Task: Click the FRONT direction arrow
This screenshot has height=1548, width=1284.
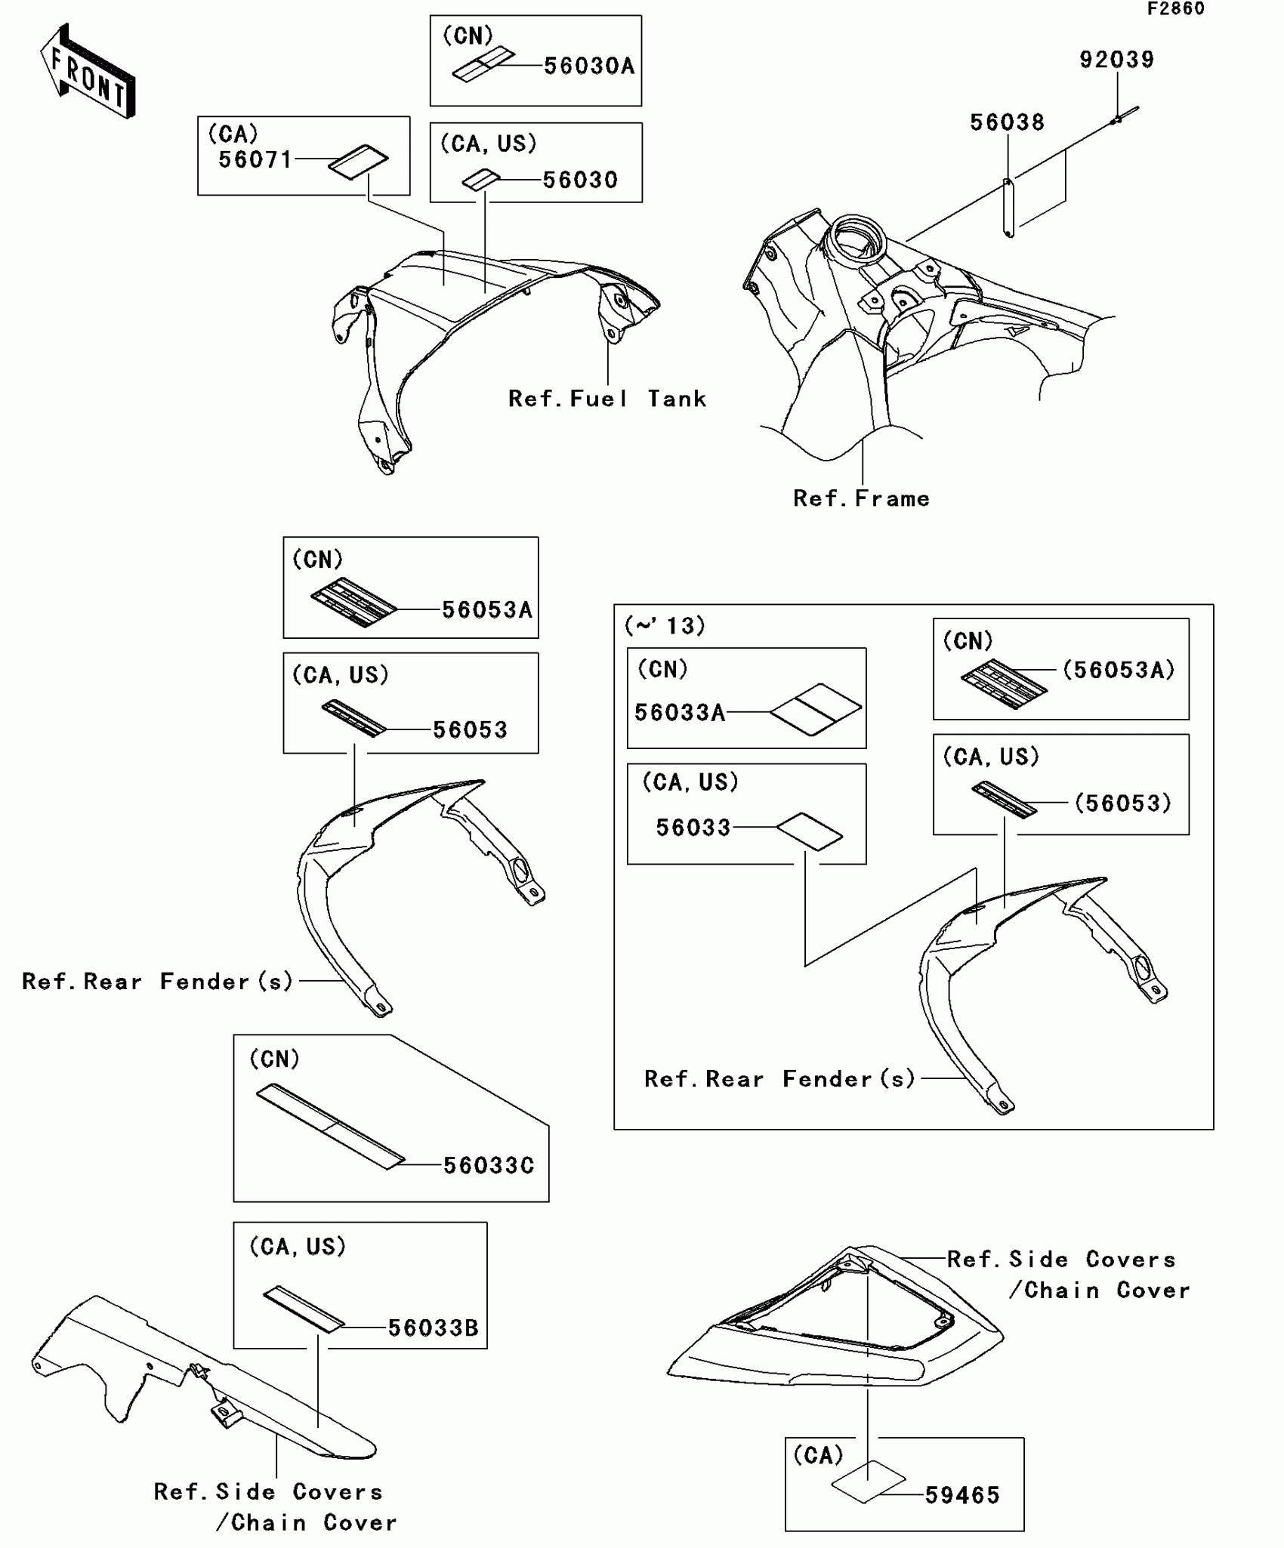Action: click(88, 72)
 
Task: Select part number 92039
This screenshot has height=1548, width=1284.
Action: click(1116, 60)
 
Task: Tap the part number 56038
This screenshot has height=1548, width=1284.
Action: click(1007, 122)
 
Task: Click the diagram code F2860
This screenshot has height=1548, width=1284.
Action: click(1176, 9)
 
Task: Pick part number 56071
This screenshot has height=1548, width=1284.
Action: click(255, 160)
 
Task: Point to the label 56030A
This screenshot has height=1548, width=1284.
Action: click(589, 66)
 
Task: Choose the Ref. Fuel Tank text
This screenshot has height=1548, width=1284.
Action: click(607, 399)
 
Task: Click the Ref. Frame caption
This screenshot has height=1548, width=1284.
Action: click(861, 498)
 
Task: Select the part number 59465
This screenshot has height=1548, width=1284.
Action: click(962, 1495)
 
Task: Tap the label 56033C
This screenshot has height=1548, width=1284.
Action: click(488, 1165)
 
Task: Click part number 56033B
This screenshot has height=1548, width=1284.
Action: click(433, 1328)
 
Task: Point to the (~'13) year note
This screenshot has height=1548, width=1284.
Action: click(665, 625)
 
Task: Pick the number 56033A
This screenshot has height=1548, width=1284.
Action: click(679, 712)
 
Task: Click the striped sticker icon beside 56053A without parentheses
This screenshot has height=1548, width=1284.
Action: click(353, 603)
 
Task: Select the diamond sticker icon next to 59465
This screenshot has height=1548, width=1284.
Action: click(869, 1482)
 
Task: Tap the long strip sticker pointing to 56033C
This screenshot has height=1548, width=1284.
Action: click(330, 1127)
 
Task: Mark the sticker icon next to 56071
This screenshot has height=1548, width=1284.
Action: click(358, 162)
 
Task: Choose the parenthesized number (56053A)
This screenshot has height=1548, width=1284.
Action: click(1118, 670)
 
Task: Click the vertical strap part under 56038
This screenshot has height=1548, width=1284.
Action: click(1008, 208)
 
